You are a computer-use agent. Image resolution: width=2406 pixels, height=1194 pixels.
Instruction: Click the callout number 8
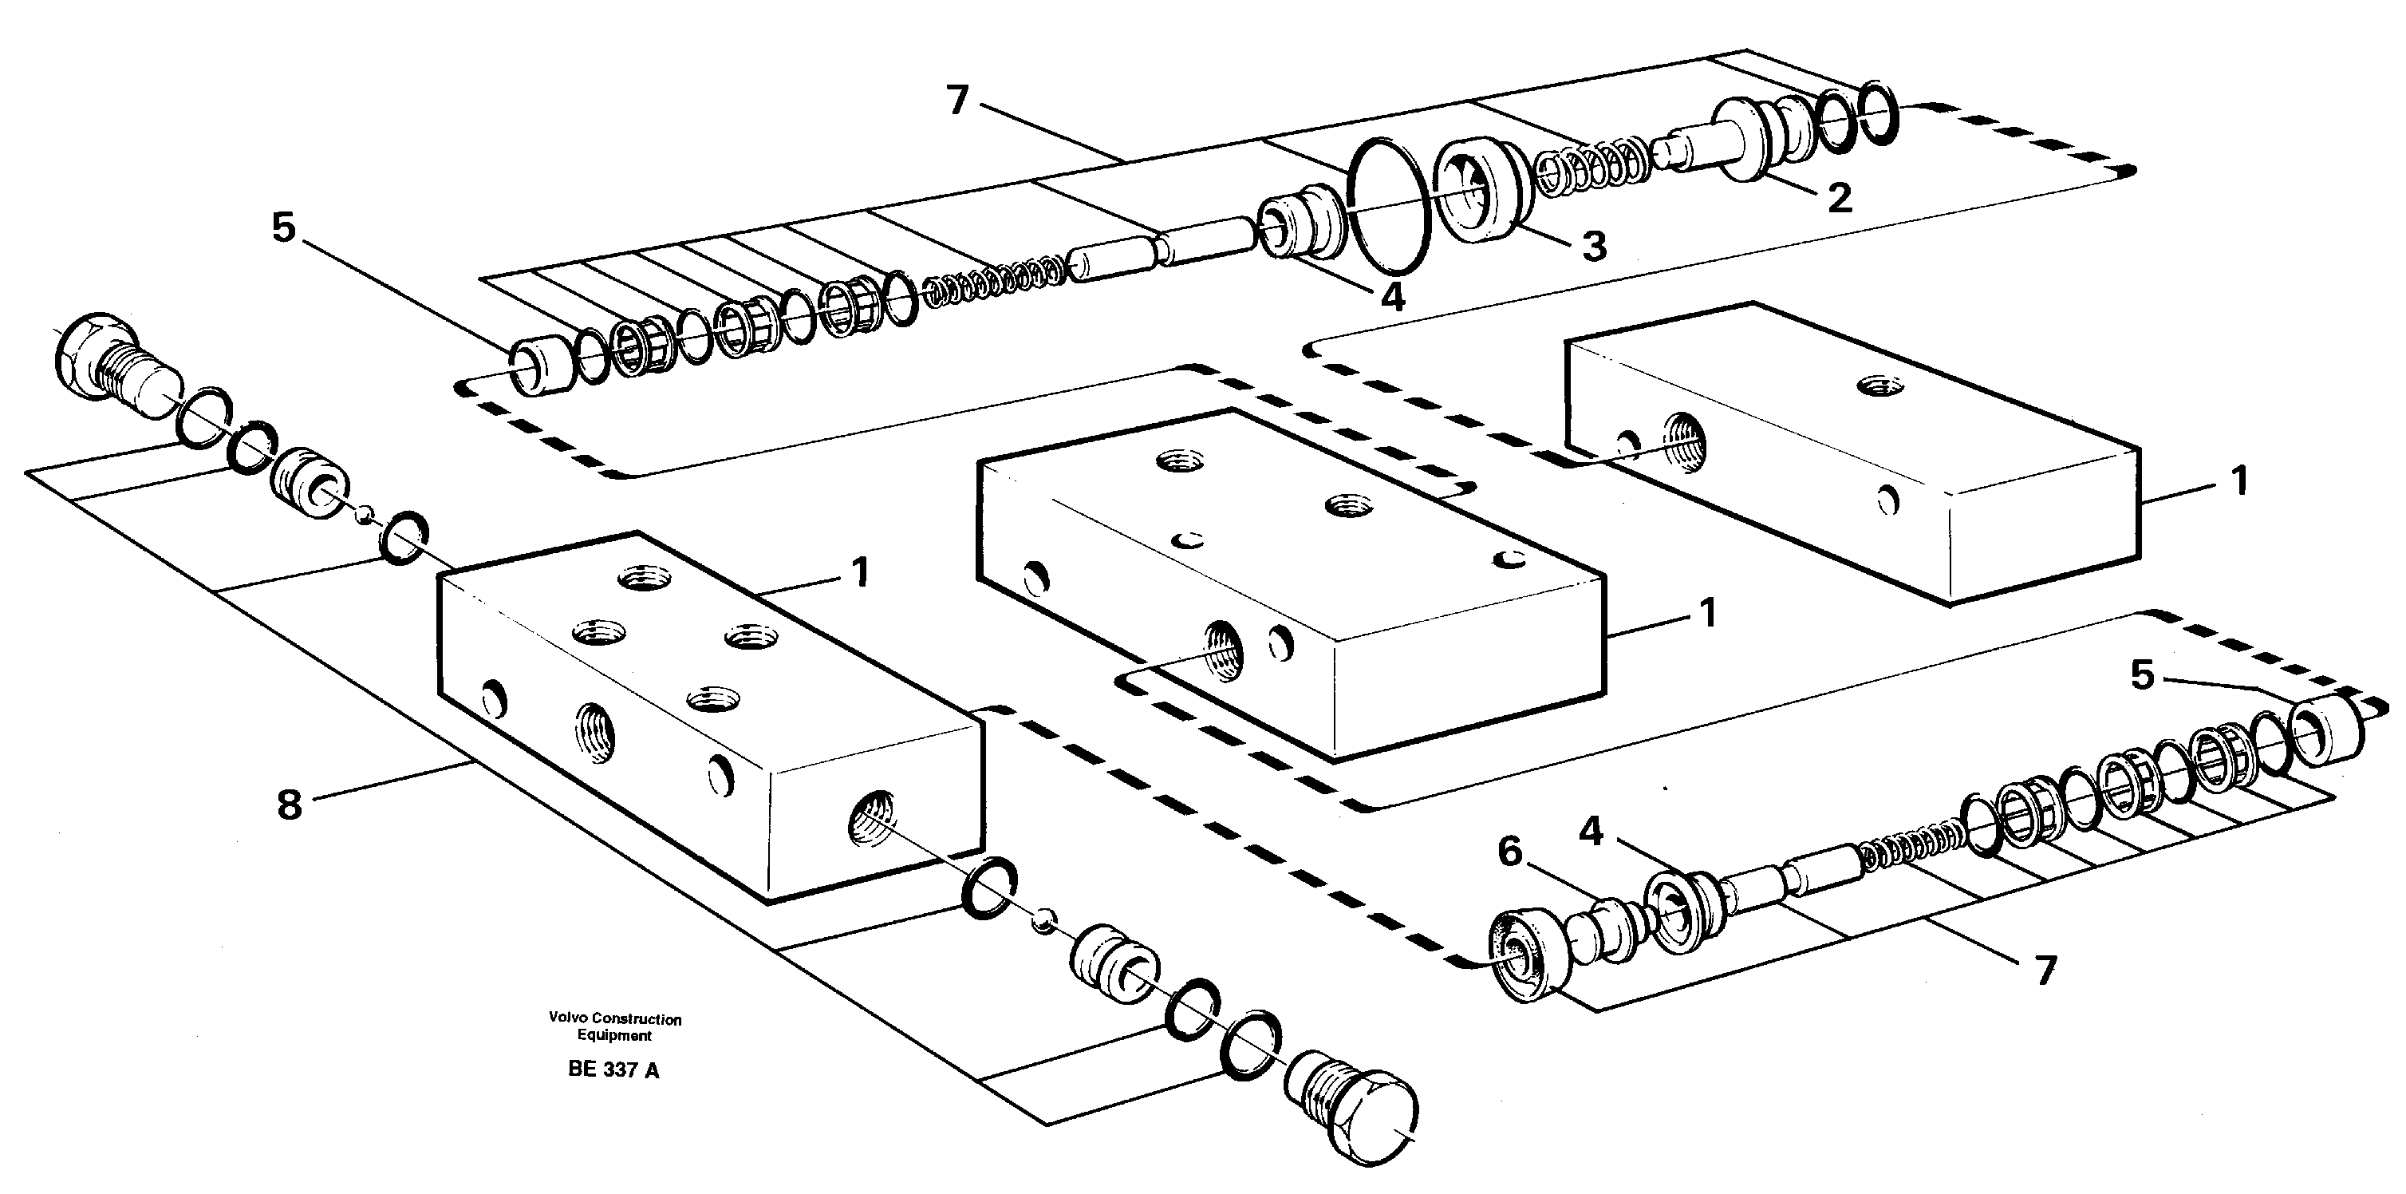click(290, 804)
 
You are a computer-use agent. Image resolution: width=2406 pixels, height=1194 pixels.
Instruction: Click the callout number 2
click(1838, 198)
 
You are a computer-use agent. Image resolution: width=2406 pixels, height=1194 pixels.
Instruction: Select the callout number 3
click(1593, 246)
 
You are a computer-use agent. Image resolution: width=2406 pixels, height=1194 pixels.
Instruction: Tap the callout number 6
click(1510, 851)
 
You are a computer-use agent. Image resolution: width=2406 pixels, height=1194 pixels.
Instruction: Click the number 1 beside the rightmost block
click(2238, 481)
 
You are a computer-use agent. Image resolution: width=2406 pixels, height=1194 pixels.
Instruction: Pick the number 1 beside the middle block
click(1707, 614)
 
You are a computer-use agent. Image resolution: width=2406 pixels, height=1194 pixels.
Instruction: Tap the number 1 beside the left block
click(860, 571)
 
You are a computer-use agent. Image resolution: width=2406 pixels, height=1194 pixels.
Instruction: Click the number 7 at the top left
click(958, 100)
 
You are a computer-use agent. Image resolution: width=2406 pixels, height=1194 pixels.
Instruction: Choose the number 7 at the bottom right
click(2045, 971)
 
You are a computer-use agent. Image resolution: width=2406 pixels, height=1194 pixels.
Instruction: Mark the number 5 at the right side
click(2143, 674)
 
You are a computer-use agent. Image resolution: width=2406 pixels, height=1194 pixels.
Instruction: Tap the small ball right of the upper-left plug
click(368, 511)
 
